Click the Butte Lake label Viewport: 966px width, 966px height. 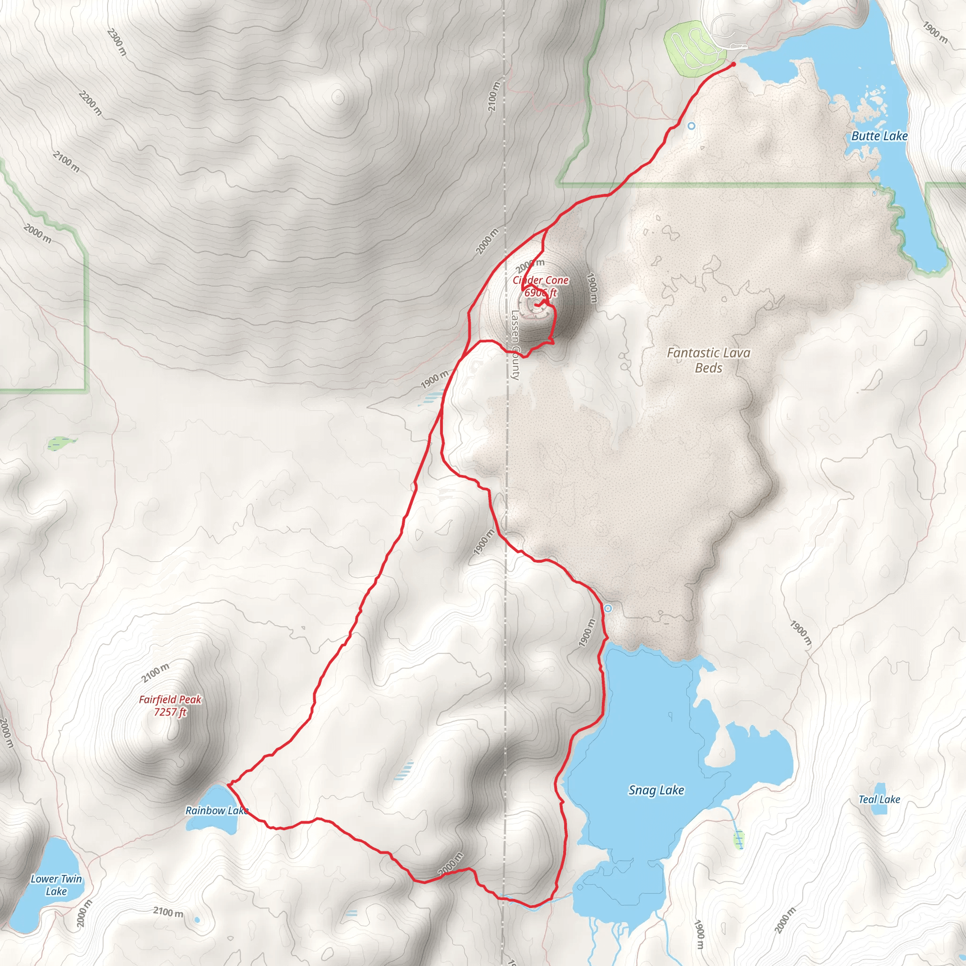click(879, 136)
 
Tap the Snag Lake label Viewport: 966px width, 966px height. click(656, 790)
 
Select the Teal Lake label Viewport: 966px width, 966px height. click(879, 799)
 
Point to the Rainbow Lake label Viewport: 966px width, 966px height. click(216, 810)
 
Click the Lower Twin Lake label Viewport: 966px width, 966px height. click(56, 885)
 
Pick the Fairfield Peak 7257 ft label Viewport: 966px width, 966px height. click(170, 706)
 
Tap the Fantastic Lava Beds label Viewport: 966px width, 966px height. click(708, 360)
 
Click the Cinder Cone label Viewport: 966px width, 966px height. click(541, 281)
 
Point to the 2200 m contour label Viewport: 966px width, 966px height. click(91, 103)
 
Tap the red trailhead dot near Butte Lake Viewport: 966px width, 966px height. click(733, 65)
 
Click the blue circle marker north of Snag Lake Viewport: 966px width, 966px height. click(608, 608)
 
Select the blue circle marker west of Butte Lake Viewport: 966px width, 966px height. click(691, 126)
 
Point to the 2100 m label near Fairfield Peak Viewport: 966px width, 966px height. click(155, 673)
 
